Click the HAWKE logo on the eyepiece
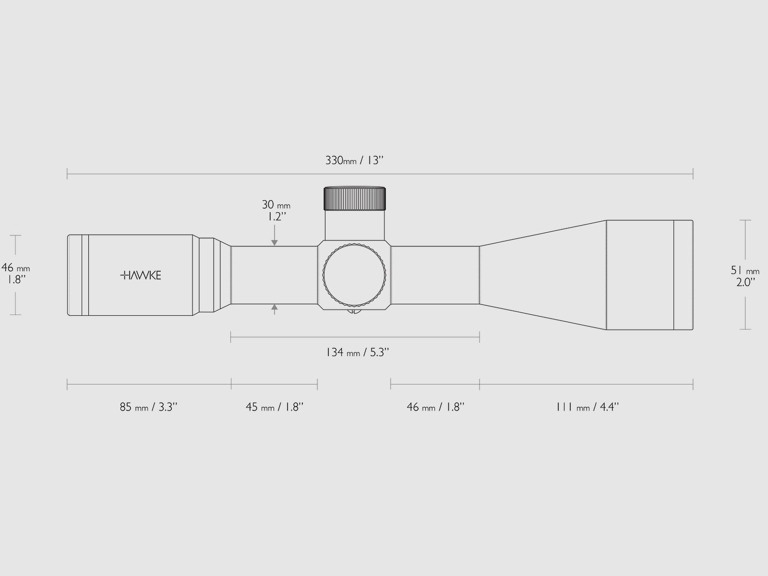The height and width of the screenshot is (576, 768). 140,275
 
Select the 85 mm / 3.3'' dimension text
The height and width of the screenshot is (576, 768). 149,407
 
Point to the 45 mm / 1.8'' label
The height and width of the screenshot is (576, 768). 275,407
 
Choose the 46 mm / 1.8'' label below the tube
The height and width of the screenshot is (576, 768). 435,407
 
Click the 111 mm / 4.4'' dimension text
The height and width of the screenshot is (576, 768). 588,407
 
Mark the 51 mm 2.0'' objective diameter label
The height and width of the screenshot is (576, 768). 745,276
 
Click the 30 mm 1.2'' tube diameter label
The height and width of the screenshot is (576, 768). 276,210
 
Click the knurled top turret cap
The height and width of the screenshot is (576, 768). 355,198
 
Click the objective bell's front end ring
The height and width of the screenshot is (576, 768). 683,275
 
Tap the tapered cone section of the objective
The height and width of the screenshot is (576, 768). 542,275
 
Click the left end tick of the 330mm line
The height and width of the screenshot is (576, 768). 67,174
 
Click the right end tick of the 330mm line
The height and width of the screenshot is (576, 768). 693,174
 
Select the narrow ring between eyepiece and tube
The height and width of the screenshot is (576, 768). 206,275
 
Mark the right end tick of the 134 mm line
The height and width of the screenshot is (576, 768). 480,337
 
